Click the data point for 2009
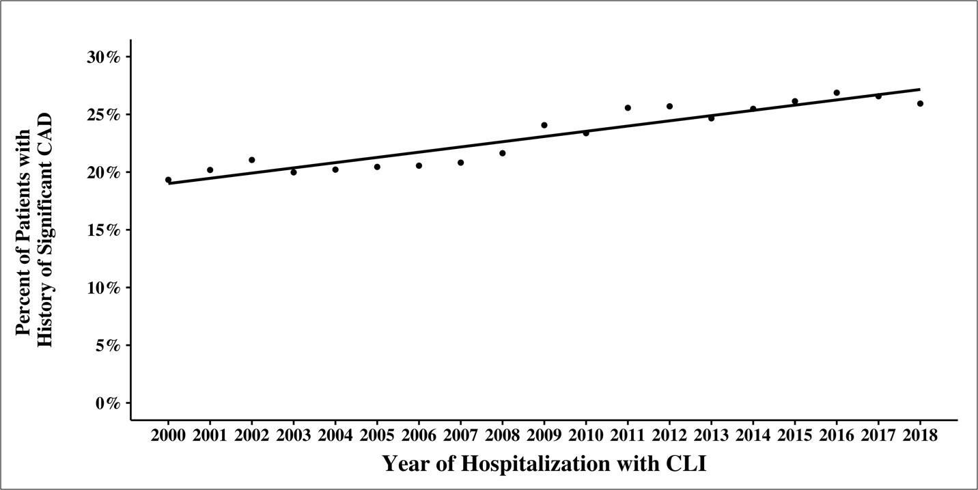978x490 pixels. (544, 125)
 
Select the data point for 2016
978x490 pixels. (837, 92)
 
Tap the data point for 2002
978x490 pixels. (252, 160)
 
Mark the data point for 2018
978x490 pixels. (920, 104)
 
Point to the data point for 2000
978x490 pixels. (168, 180)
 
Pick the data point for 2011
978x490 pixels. (628, 107)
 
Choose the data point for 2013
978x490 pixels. (711, 118)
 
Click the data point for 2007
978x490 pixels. (460, 163)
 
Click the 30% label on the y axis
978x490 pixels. (104, 57)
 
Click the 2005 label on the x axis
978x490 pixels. (377, 436)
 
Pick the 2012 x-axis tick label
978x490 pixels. (669, 436)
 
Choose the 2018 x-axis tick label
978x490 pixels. (920, 436)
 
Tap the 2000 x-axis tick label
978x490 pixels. (168, 436)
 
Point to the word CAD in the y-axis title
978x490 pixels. (46, 124)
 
